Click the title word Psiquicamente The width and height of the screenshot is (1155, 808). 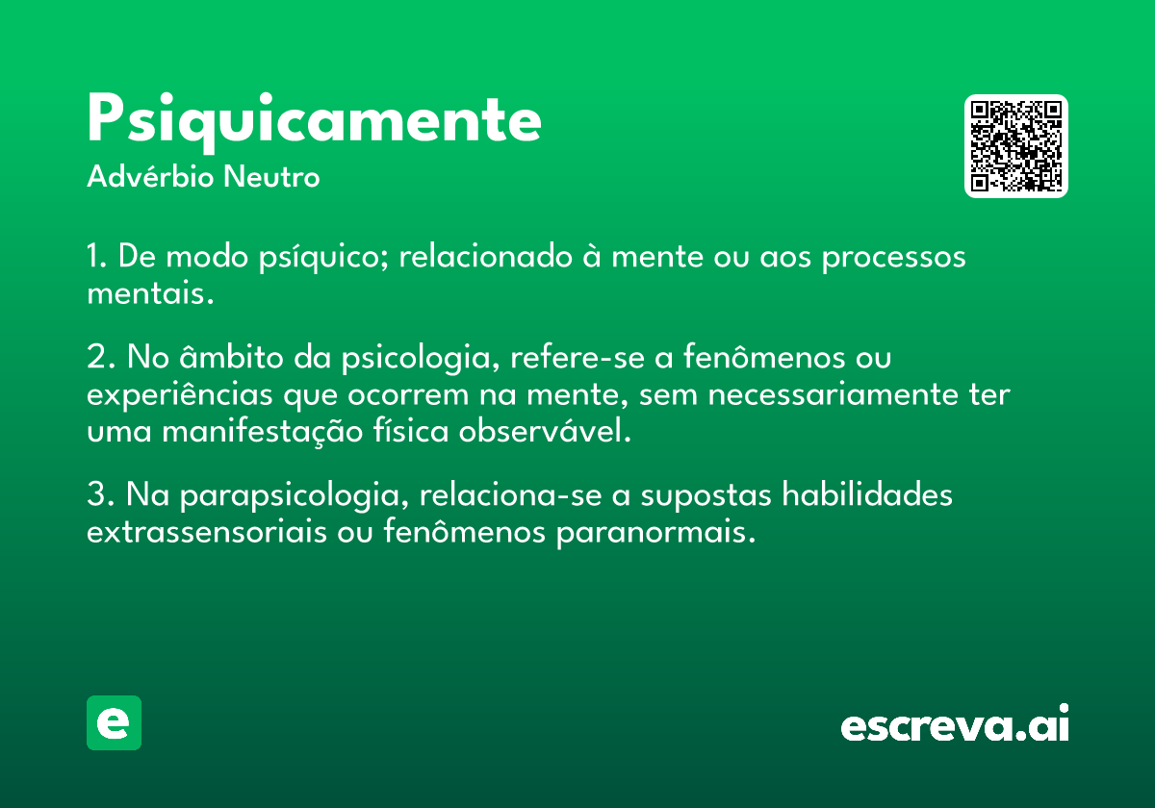click(314, 122)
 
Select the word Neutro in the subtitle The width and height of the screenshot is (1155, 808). click(271, 176)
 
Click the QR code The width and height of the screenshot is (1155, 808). click(1015, 146)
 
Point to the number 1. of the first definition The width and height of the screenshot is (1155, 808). click(97, 256)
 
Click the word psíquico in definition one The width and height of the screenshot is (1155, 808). click(322, 257)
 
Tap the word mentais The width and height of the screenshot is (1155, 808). click(150, 293)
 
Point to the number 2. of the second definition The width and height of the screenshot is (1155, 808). click(100, 356)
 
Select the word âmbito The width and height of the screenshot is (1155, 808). click(231, 356)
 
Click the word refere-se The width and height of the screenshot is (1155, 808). click(577, 356)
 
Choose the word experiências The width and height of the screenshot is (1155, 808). click(179, 394)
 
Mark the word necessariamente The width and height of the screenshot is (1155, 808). click(833, 395)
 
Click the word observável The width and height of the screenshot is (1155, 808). click(545, 430)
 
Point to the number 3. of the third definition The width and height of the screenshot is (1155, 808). click(100, 493)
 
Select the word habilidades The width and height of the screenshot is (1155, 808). click(867, 493)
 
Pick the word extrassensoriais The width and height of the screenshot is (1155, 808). click(207, 531)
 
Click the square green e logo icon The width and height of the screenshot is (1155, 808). click(114, 722)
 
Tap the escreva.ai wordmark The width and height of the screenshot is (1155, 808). click(955, 722)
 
